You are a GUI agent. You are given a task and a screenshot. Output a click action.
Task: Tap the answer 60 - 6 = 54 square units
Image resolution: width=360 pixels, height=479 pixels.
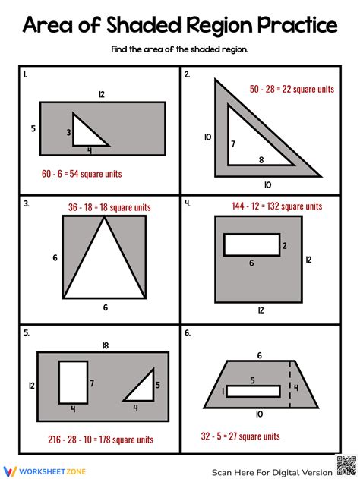click(81, 174)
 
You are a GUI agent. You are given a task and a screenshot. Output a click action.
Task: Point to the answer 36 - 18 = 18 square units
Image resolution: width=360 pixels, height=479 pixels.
click(109, 206)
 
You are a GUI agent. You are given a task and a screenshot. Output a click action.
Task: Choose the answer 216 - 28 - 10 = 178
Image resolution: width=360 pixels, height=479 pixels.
click(98, 439)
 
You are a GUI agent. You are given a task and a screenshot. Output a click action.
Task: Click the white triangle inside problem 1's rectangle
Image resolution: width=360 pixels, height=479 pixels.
click(85, 133)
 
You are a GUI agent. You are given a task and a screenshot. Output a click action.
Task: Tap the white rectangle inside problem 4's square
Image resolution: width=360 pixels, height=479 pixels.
click(251, 245)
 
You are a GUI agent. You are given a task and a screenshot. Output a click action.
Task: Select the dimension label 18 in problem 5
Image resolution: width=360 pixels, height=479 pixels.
click(104, 345)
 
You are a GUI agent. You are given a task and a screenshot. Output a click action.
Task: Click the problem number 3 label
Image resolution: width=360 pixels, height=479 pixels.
click(26, 203)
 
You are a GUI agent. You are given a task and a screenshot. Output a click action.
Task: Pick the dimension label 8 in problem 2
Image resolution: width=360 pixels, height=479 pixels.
click(261, 159)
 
